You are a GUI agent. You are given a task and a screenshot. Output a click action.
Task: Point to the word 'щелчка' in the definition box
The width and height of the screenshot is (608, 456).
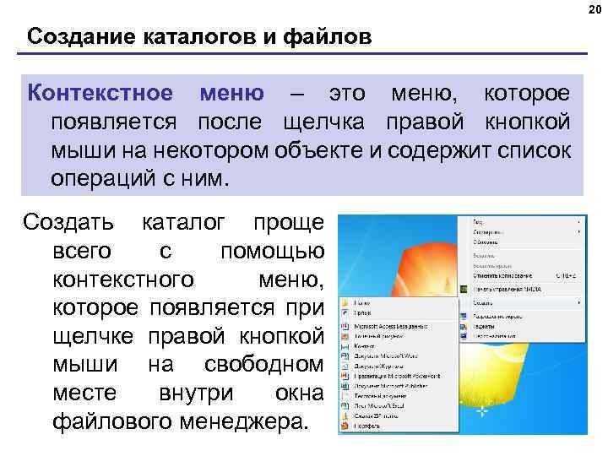pyautogui.click(x=318, y=122)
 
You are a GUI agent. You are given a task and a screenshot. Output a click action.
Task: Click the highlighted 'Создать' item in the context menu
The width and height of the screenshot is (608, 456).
pyautogui.click(x=485, y=301)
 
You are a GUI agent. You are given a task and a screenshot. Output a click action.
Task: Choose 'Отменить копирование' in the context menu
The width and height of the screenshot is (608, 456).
pyautogui.click(x=502, y=275)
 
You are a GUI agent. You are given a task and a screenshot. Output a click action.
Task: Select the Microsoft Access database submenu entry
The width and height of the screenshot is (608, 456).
pyautogui.click(x=396, y=325)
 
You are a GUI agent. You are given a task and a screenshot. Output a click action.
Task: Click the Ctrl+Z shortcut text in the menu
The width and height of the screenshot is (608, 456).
pyautogui.click(x=567, y=275)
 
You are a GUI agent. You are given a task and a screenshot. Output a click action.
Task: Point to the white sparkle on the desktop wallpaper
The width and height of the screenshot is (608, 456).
pyautogui.click(x=481, y=412)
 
